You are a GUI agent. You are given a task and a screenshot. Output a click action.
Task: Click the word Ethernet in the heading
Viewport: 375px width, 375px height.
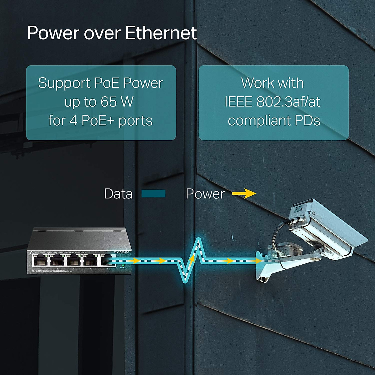pyautogui.click(x=161, y=33)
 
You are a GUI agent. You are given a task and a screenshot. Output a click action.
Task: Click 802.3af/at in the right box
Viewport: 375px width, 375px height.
pyautogui.click(x=288, y=102)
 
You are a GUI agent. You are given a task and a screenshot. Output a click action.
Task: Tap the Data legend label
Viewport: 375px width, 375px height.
pyautogui.click(x=118, y=194)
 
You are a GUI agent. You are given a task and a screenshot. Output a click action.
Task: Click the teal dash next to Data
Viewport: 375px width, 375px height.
pyautogui.click(x=153, y=194)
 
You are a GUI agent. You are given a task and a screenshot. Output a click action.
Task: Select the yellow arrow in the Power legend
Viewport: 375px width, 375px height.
pyautogui.click(x=244, y=194)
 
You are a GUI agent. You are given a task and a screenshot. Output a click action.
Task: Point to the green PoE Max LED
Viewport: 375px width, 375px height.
pyautogui.click(x=123, y=265)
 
